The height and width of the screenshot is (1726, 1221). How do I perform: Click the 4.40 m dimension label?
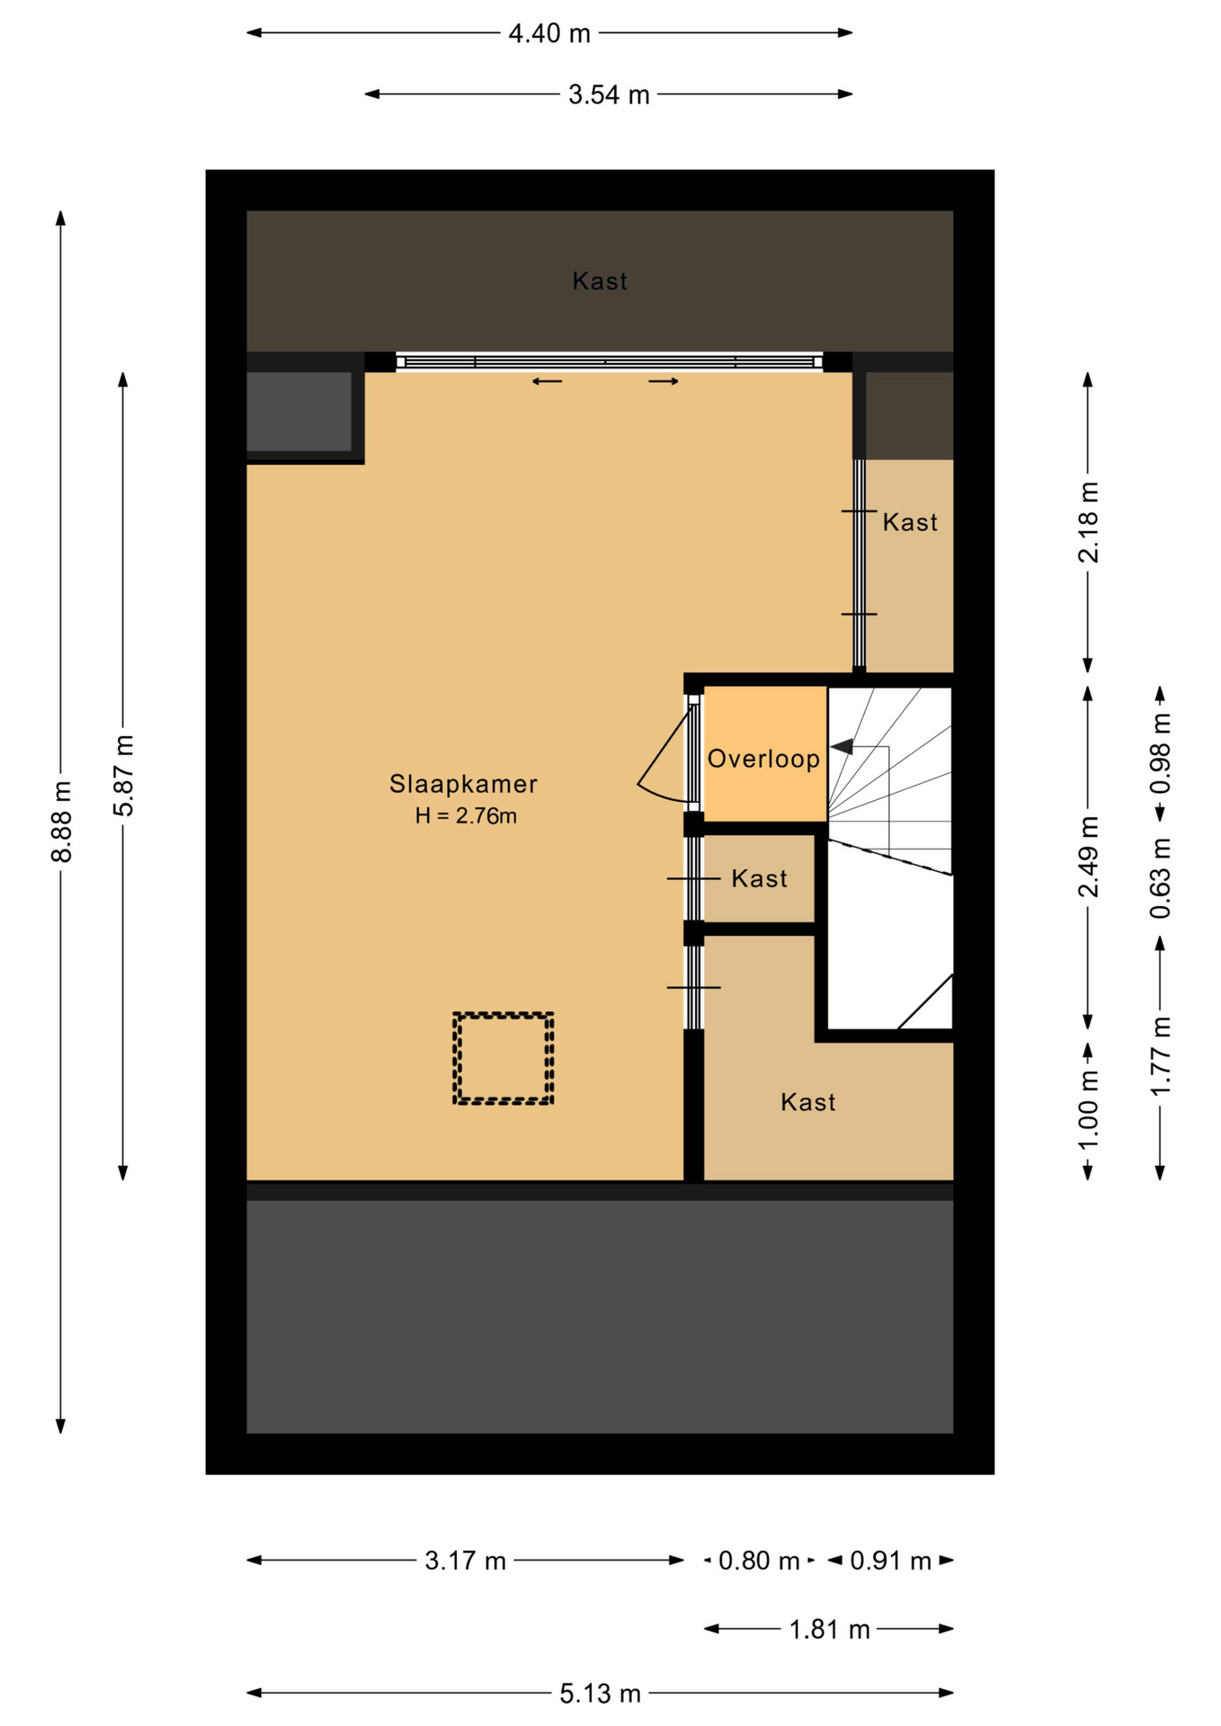click(x=549, y=33)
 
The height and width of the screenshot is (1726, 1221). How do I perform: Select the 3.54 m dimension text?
click(x=609, y=94)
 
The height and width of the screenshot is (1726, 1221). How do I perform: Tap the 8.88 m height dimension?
click(x=61, y=822)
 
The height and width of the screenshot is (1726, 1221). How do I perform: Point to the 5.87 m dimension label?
click(x=123, y=776)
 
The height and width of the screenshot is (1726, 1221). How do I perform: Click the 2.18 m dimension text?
click(x=1088, y=522)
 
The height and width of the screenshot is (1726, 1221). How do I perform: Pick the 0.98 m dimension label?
click(x=1161, y=753)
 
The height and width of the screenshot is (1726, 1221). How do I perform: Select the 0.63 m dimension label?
click(x=1161, y=878)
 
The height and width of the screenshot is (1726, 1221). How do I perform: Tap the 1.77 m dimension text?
click(x=1161, y=1056)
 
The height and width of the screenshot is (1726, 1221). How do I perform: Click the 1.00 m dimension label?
click(x=1088, y=1110)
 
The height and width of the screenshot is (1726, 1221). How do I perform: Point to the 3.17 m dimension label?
click(x=465, y=1561)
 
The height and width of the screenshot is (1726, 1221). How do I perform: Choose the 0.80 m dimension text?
click(x=759, y=1561)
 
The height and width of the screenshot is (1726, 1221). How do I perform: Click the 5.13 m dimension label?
click(x=600, y=1694)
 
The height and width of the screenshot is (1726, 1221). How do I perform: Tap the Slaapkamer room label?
click(x=463, y=784)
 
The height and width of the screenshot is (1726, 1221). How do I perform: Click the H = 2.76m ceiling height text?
click(x=466, y=816)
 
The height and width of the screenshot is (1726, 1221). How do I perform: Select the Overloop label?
click(x=763, y=759)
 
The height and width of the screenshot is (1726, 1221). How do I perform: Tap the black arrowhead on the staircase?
click(x=842, y=746)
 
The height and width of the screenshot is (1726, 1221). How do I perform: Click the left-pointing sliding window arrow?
click(x=547, y=381)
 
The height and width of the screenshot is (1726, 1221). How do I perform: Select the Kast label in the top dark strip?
click(x=600, y=281)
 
